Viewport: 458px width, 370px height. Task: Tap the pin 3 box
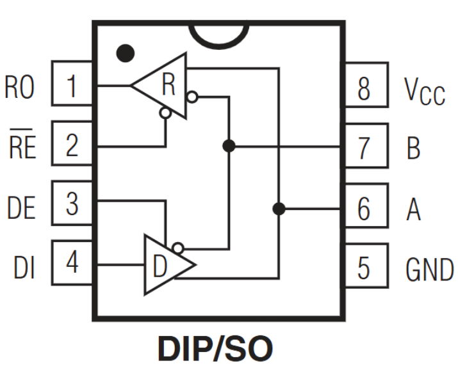(72, 204)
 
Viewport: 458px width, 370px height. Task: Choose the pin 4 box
(72, 263)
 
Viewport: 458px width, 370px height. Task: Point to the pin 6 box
(365, 207)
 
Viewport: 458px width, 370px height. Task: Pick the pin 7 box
(365, 147)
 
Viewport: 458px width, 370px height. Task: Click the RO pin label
(20, 87)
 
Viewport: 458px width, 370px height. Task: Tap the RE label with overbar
(22, 148)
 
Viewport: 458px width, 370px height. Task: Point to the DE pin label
(21, 207)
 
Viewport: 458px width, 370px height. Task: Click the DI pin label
(24, 267)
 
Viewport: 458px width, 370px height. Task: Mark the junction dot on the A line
(279, 208)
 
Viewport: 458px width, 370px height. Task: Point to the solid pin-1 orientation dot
(126, 52)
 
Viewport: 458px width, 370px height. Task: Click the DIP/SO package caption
(215, 350)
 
